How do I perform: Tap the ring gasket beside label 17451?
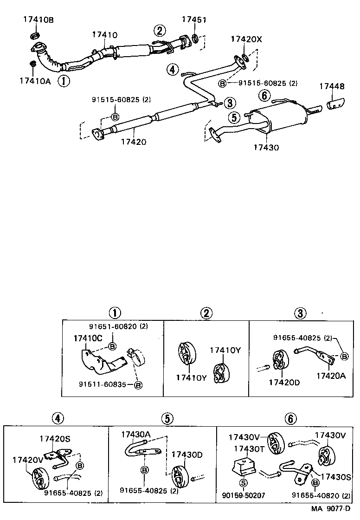coord(196,38)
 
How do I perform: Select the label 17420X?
coord(246,39)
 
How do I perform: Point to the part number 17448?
coord(331,86)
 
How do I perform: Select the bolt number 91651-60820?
coord(114,326)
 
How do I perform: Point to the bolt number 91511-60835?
coord(103,384)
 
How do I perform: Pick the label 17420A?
coord(331,376)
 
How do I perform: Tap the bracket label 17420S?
coord(55,438)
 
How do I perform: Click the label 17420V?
coord(28,460)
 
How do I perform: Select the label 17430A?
coord(136,434)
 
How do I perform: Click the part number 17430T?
coord(249,448)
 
